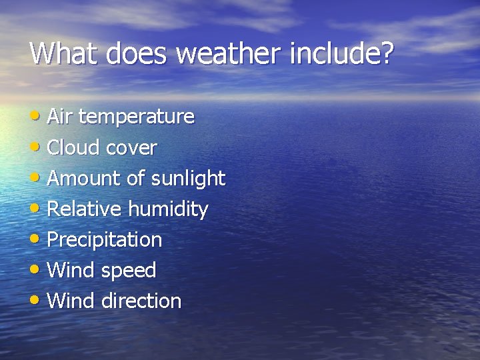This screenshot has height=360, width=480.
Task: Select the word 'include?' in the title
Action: point(342,53)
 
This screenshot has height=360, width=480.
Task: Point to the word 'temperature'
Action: point(137,117)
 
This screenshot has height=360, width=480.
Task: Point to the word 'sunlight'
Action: point(189,179)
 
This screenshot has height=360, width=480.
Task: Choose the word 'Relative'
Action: point(85,209)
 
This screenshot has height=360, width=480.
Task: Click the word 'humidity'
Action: point(168,210)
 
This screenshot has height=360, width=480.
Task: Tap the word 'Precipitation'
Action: point(105,240)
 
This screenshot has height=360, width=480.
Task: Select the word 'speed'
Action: point(129,271)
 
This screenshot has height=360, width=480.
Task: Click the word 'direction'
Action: point(141,301)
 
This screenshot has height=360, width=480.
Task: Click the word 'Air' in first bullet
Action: point(60,117)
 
